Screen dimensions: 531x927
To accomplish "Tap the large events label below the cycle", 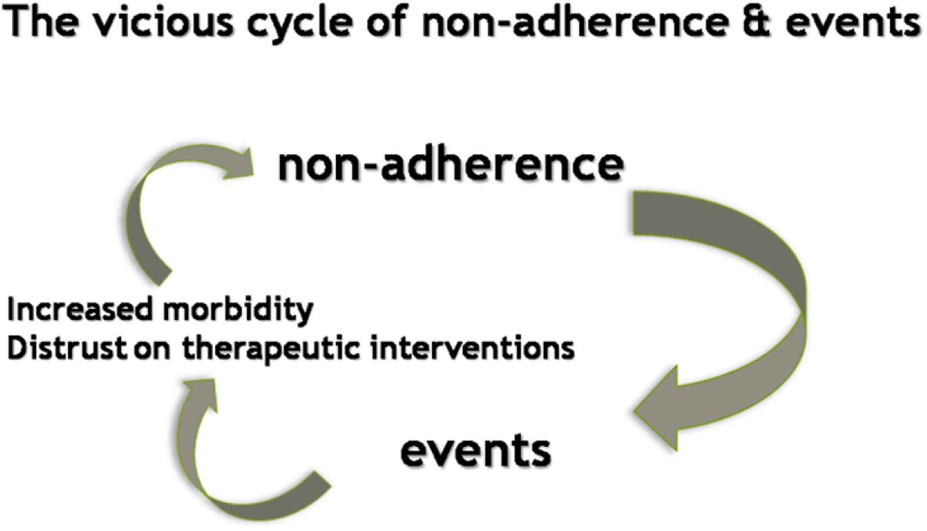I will tap(476, 451).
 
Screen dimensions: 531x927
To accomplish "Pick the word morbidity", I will tap(239, 310).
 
